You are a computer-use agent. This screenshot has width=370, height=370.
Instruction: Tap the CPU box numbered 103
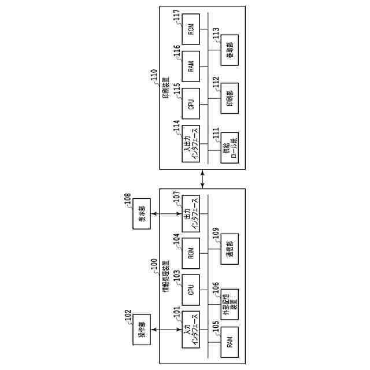pyautogui.click(x=190, y=290)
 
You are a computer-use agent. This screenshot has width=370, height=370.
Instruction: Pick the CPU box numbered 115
pyautogui.click(x=190, y=104)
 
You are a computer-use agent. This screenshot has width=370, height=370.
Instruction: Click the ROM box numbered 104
pyautogui.click(x=190, y=253)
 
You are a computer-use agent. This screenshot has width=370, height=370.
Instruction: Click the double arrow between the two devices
pyautogui.click(x=202, y=179)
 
